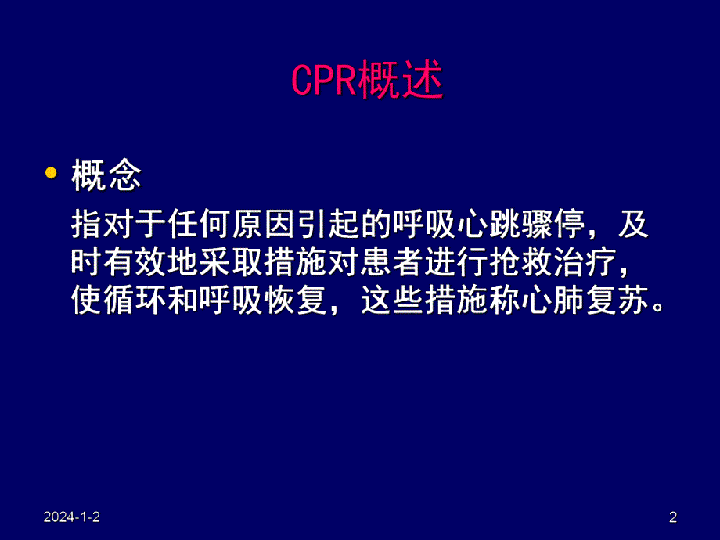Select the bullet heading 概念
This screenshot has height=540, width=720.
(x=106, y=175)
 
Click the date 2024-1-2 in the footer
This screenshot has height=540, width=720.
(x=72, y=517)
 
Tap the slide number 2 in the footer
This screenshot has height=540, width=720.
(x=673, y=517)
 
